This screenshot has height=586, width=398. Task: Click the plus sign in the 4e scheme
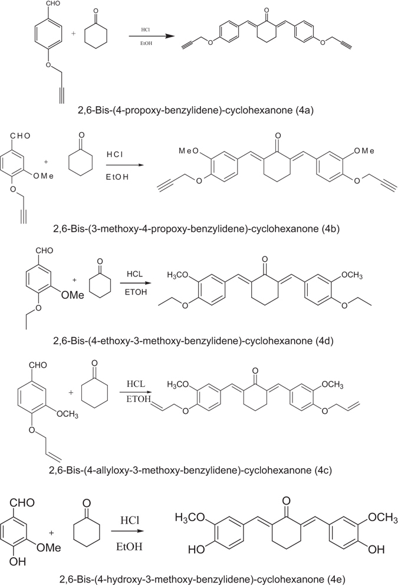click(x=52, y=532)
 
